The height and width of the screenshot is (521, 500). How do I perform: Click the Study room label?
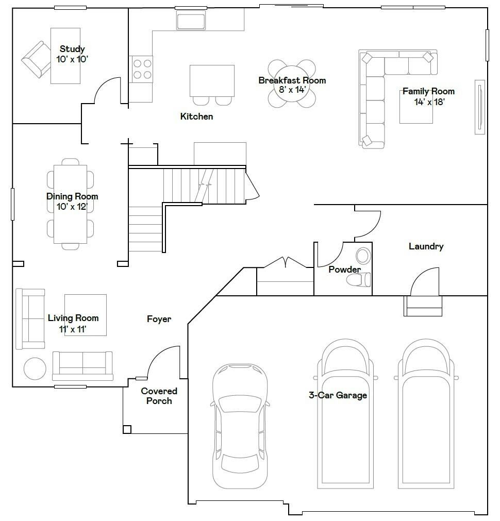72,49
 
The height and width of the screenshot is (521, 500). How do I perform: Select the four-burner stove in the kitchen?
142,69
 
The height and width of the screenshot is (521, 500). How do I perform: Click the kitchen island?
212,81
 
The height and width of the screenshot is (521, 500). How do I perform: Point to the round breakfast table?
292,83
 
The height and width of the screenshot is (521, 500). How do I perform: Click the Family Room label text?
428,91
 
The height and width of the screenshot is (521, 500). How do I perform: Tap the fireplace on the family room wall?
480,107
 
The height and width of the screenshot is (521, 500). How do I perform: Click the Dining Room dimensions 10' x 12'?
72,207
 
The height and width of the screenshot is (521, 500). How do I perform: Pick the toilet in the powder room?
358,280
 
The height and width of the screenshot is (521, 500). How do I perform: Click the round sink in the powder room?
363,256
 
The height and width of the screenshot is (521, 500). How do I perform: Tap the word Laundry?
426,246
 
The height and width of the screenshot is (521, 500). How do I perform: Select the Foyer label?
159,319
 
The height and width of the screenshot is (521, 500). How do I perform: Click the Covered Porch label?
159,396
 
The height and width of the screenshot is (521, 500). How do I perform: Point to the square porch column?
127,429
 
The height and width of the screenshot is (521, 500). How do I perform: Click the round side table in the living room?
35,368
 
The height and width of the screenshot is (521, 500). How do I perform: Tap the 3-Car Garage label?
338,395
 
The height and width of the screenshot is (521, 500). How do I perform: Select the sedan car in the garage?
240,426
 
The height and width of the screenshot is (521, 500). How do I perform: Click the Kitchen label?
196,116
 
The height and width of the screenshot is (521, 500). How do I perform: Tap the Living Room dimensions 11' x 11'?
73,329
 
